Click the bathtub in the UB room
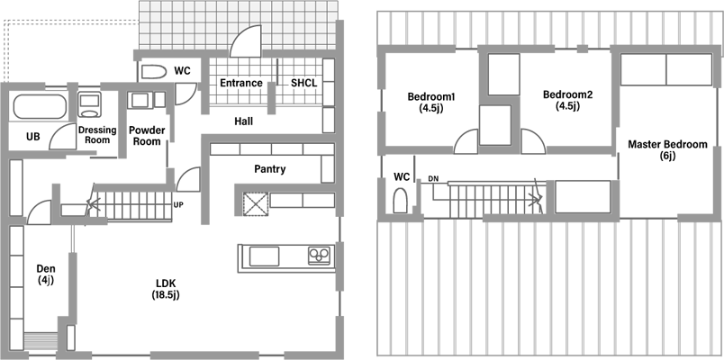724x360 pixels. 40,106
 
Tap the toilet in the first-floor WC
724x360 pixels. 153,71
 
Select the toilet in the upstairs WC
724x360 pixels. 400,201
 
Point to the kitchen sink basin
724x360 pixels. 264,256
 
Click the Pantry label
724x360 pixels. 270,169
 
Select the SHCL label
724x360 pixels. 303,83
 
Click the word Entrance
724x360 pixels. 241,83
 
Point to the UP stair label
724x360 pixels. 177,204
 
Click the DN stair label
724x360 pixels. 433,178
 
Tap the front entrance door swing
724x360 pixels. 246,41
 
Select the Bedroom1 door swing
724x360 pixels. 466,141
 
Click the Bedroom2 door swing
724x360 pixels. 533,141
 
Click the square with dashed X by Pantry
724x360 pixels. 256,204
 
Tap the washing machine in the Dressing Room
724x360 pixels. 89,104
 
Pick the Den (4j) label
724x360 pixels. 46,274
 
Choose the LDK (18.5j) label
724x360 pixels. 166,290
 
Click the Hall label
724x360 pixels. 243,121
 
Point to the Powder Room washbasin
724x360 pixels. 140,100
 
